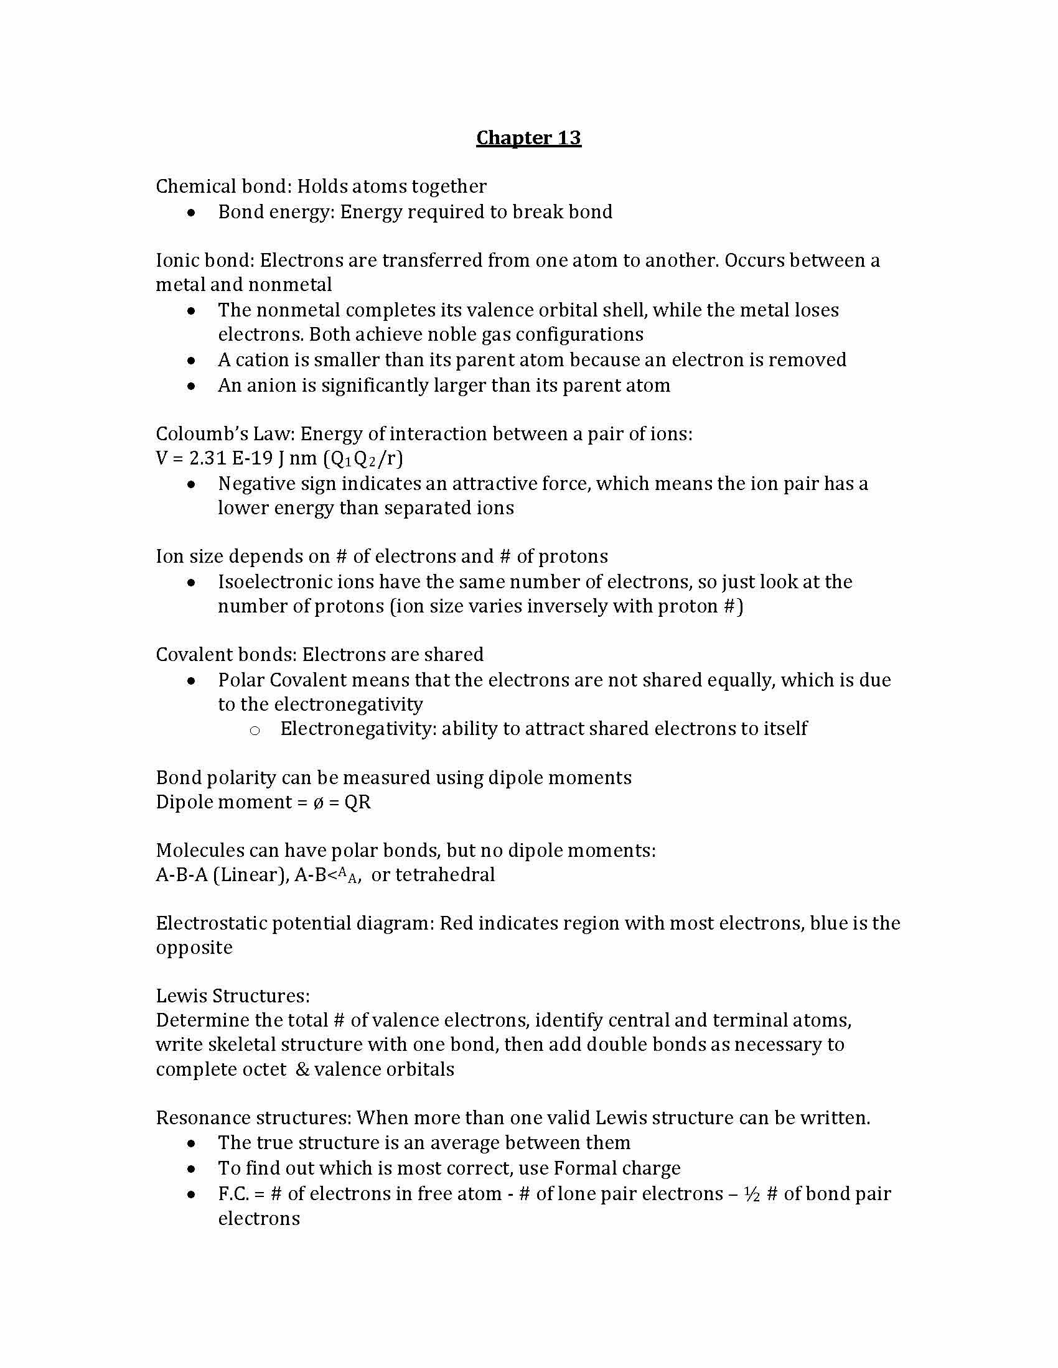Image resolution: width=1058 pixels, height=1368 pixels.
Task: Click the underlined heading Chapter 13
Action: [528, 138]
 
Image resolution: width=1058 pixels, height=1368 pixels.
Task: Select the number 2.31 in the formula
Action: [207, 458]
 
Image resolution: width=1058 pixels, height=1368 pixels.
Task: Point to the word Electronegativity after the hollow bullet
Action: [358, 729]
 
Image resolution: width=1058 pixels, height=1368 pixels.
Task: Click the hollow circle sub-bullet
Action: [255, 730]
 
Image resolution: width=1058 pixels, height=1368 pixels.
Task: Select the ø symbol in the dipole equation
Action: [319, 802]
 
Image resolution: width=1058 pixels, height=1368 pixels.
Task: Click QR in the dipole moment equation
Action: [358, 802]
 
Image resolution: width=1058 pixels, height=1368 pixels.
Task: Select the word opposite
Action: [194, 948]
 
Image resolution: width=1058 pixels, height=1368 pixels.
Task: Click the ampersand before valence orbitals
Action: [302, 1070]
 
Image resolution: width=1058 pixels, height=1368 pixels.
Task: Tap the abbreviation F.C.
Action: [233, 1194]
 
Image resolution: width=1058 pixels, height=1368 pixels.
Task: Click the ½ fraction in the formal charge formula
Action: [752, 1194]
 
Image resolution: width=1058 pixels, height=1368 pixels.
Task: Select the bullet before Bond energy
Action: [191, 213]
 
